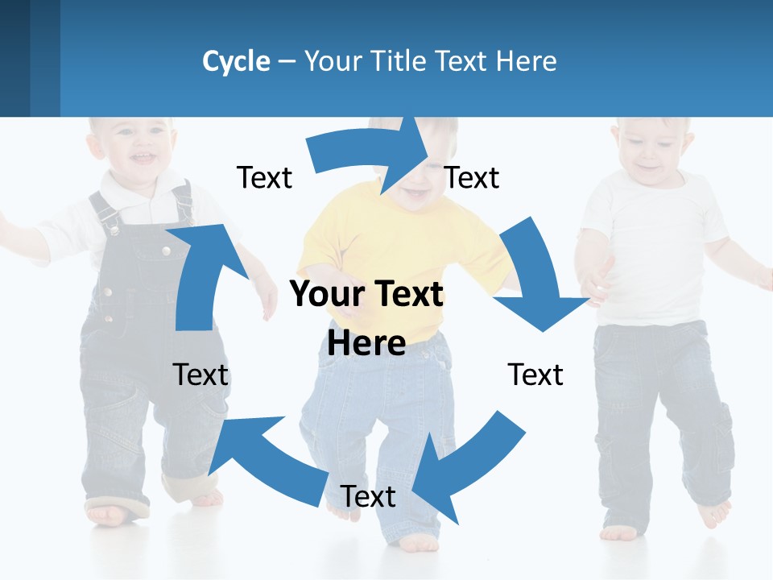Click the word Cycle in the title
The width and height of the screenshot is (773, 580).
pyautogui.click(x=236, y=61)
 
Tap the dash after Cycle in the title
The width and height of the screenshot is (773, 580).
pyautogui.click(x=287, y=62)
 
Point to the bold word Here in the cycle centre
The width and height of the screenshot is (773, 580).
pyautogui.click(x=366, y=344)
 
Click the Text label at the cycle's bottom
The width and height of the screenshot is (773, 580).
pyautogui.click(x=368, y=497)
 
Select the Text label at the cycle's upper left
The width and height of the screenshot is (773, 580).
pyautogui.click(x=264, y=178)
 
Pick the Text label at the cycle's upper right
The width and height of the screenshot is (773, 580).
pyautogui.click(x=472, y=178)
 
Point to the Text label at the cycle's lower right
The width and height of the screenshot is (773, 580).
pyautogui.click(x=535, y=375)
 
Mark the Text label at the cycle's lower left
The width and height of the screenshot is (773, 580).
pyautogui.click(x=200, y=375)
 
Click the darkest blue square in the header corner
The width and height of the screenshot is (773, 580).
pyautogui.click(x=14, y=58)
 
